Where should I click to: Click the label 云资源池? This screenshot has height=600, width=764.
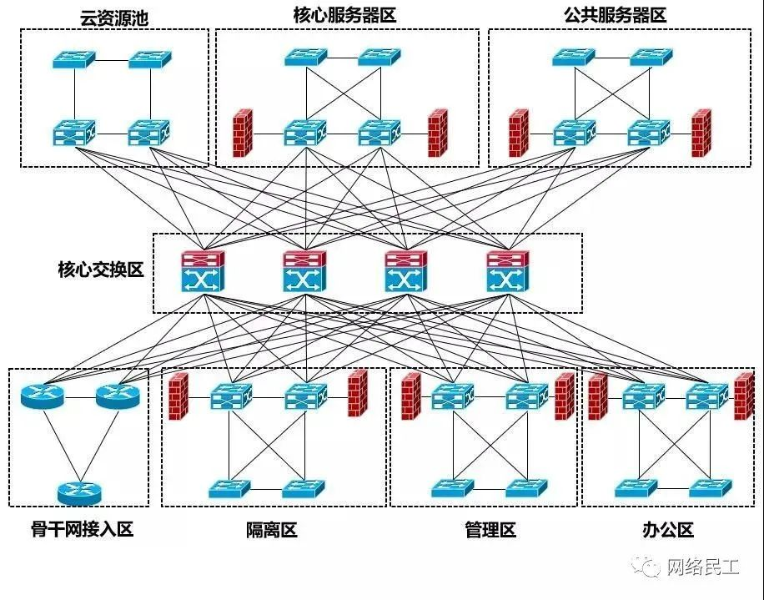pos(114,17)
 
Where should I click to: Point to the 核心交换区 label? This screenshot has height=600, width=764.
pos(101,270)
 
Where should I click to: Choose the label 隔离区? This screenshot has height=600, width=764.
pos(271,529)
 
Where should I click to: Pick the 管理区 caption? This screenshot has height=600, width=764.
pos(490,529)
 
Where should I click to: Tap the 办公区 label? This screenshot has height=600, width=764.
pos(668,529)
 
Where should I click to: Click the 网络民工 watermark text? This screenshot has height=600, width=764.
pos(701,567)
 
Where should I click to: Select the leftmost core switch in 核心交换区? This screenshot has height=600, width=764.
pos(203,271)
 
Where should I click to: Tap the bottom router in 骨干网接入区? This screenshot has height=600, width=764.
pos(79,492)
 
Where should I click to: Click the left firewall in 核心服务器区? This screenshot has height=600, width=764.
pos(243,133)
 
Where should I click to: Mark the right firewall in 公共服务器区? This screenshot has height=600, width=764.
pos(701,133)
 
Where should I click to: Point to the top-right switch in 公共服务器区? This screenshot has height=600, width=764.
pos(651,57)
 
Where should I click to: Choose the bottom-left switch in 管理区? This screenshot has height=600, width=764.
pos(452,487)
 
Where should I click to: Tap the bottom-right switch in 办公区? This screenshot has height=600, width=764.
pos(710,487)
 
